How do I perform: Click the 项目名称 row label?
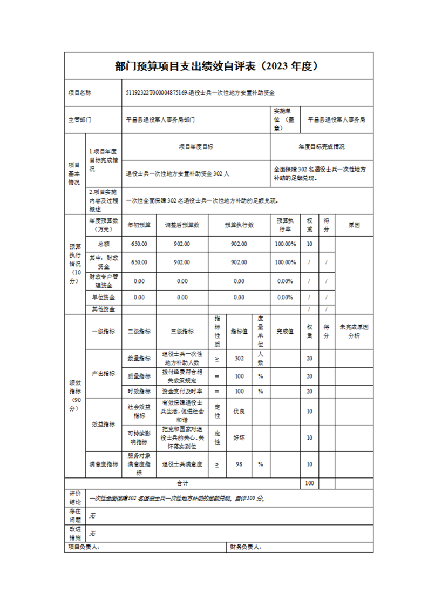pos(79,93)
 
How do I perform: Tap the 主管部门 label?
pos(79,120)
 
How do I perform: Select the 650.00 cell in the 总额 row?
pos(139,244)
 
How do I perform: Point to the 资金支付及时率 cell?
pos(182,391)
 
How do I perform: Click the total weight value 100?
pos(309,483)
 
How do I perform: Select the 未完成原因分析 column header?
pos(354,331)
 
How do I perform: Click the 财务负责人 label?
pos(246,547)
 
